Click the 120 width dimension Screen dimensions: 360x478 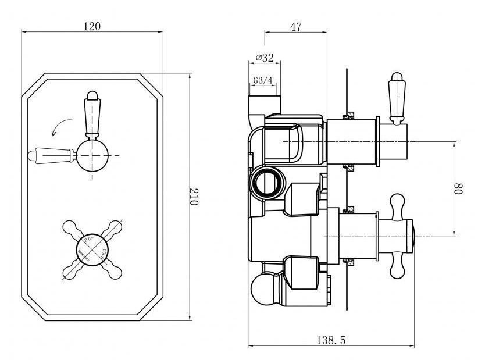pyautogui.click(x=92, y=26)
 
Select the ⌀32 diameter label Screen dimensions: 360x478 pyautogui.click(x=265, y=58)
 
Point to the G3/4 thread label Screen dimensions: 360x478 pyautogui.click(x=262, y=81)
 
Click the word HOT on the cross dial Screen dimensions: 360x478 pyautogui.click(x=90, y=238)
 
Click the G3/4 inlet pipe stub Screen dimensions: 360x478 pyautogui.click(x=264, y=105)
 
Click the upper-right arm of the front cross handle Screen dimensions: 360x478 pyautogui.click(x=113, y=226)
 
